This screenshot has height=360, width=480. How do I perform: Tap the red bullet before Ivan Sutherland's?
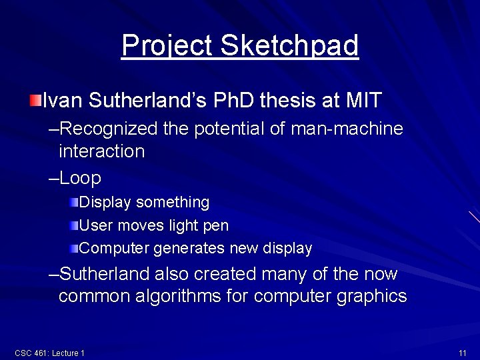35,101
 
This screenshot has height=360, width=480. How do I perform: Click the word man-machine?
347,128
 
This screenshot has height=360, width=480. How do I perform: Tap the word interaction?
101,151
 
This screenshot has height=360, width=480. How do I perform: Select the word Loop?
80,178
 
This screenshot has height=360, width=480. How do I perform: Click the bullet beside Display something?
74,201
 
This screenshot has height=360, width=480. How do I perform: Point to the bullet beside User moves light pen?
74,225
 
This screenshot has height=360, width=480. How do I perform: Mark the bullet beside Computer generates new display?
74,248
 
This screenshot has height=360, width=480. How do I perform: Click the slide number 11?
462,352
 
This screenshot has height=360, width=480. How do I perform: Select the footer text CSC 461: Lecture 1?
49,352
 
